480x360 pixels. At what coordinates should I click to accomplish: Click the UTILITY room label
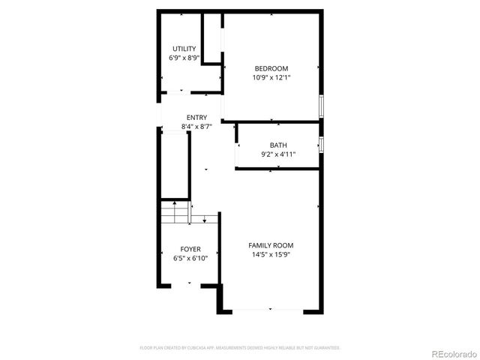click(x=184, y=49)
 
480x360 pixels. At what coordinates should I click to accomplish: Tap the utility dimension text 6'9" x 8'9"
click(x=184, y=58)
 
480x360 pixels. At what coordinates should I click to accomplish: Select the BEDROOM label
click(x=271, y=68)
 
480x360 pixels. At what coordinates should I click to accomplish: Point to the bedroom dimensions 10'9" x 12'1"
click(x=271, y=77)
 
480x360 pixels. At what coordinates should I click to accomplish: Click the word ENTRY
click(x=197, y=118)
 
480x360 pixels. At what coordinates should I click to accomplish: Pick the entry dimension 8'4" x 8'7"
click(x=197, y=127)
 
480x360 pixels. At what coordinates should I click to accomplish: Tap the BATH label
click(x=278, y=145)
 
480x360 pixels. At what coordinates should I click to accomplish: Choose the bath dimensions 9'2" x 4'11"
click(x=278, y=154)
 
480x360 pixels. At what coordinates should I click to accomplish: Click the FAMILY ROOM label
click(x=271, y=245)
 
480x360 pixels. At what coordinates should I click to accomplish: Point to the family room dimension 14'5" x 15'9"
click(x=271, y=254)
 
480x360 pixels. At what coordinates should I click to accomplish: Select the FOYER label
click(x=190, y=249)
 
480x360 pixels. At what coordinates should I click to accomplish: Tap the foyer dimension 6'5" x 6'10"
click(x=190, y=258)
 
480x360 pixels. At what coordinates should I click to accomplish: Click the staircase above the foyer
click(x=174, y=212)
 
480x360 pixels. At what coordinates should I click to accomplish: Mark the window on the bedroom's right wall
click(x=322, y=106)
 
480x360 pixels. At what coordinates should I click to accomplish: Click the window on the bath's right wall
click(x=322, y=144)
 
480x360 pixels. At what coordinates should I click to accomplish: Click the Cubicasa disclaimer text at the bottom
click(x=240, y=348)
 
